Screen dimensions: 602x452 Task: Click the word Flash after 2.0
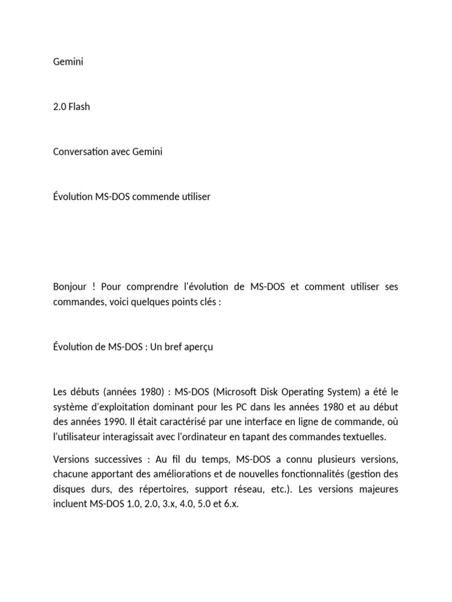click(79, 107)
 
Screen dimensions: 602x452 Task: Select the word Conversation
click(80, 152)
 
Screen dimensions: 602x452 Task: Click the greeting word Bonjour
click(69, 286)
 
